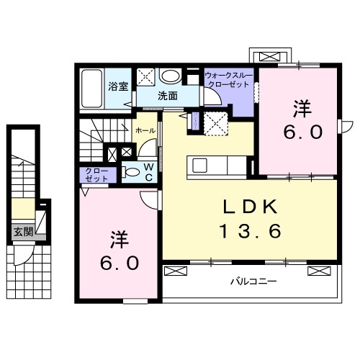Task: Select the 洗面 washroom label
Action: (x=168, y=95)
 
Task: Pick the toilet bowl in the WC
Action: (x=131, y=173)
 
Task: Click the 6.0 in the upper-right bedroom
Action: (x=299, y=132)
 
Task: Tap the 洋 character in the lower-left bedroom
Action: (x=118, y=238)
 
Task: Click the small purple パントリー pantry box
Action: (x=193, y=122)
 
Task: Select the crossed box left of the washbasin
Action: (x=147, y=76)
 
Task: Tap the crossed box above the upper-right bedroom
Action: (x=271, y=57)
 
